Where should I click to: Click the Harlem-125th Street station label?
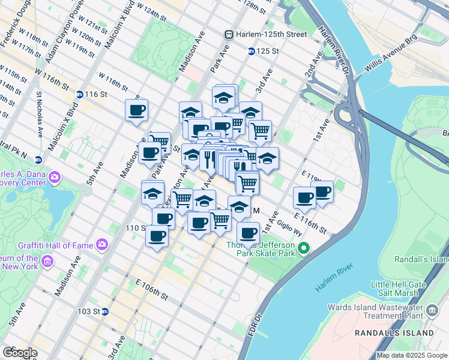pos(272,35)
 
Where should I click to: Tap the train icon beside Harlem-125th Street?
pos(229,35)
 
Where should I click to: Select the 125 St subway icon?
pos(251,52)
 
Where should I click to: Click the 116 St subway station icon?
pos(79,94)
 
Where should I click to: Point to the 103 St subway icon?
pos(104,311)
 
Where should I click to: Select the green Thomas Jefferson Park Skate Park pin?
pos(304,248)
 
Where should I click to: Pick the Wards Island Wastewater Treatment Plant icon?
pos(432,311)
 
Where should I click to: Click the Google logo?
pos(20,353)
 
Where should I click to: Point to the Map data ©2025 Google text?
pos(412,355)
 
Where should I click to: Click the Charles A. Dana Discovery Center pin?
pos(55,177)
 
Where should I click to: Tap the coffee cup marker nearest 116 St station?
pos(137,110)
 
